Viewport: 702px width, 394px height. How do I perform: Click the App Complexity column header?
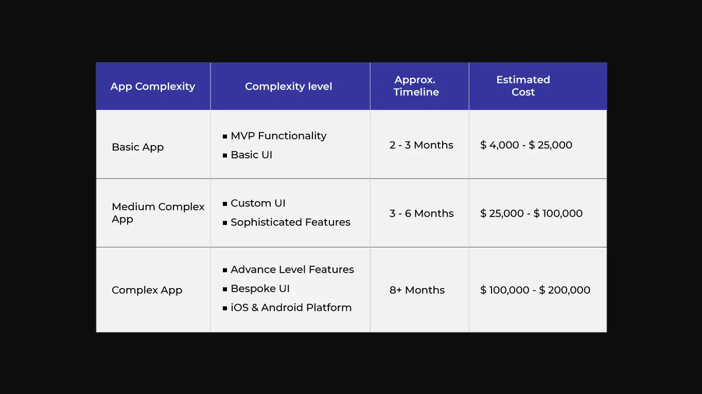click(x=153, y=86)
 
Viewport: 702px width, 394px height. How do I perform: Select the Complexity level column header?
click(x=288, y=86)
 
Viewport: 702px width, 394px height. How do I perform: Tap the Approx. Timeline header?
click(x=416, y=86)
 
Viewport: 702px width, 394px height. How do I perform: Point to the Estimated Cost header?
click(x=523, y=86)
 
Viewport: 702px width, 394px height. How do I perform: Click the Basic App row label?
click(x=137, y=147)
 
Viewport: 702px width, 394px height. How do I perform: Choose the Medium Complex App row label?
click(x=158, y=213)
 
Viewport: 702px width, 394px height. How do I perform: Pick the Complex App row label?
click(x=147, y=290)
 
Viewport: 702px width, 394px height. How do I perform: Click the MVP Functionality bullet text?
click(x=278, y=136)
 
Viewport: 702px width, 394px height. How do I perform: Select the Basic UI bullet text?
click(x=251, y=155)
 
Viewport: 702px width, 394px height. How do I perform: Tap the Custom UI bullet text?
click(x=258, y=203)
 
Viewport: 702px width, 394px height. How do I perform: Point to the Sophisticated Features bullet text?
click(x=290, y=222)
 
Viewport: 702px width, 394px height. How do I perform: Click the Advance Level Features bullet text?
click(x=292, y=270)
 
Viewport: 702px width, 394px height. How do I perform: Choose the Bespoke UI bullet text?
click(x=260, y=289)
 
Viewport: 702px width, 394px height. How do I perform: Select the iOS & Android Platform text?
click(x=291, y=308)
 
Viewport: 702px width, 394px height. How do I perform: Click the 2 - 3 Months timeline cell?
click(x=421, y=145)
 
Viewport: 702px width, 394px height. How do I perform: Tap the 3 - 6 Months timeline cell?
click(x=422, y=213)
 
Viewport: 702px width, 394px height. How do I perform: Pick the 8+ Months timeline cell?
click(x=417, y=290)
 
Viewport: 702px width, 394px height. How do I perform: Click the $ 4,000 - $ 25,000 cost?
click(x=526, y=145)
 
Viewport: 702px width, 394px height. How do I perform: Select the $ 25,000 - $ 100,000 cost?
click(x=531, y=213)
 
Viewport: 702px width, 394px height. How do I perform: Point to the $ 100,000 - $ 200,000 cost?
click(x=535, y=290)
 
